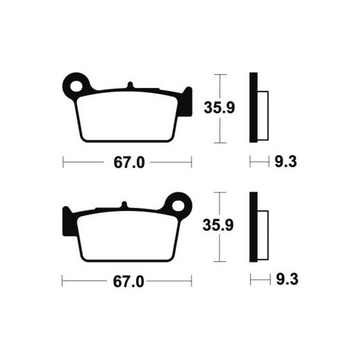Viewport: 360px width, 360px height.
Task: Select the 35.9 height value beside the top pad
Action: [219, 108]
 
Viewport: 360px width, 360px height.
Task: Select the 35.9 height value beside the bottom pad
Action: [219, 226]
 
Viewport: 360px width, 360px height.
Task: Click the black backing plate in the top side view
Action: [254, 108]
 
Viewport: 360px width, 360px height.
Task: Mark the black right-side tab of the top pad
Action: [188, 103]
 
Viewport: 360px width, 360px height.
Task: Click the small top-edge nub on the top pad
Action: [130, 85]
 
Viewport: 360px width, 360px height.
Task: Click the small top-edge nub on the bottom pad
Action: [124, 205]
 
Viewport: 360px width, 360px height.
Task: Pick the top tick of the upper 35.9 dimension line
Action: [219, 75]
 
